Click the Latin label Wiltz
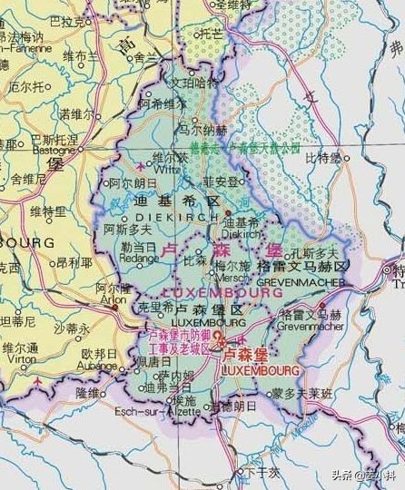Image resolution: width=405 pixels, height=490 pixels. [143, 169]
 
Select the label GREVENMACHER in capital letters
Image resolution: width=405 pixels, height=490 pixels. [302, 282]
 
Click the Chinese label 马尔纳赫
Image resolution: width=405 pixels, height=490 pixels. [202, 130]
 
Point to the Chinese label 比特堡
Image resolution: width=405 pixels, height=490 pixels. [322, 158]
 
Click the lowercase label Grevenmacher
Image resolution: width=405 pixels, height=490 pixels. [311, 325]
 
